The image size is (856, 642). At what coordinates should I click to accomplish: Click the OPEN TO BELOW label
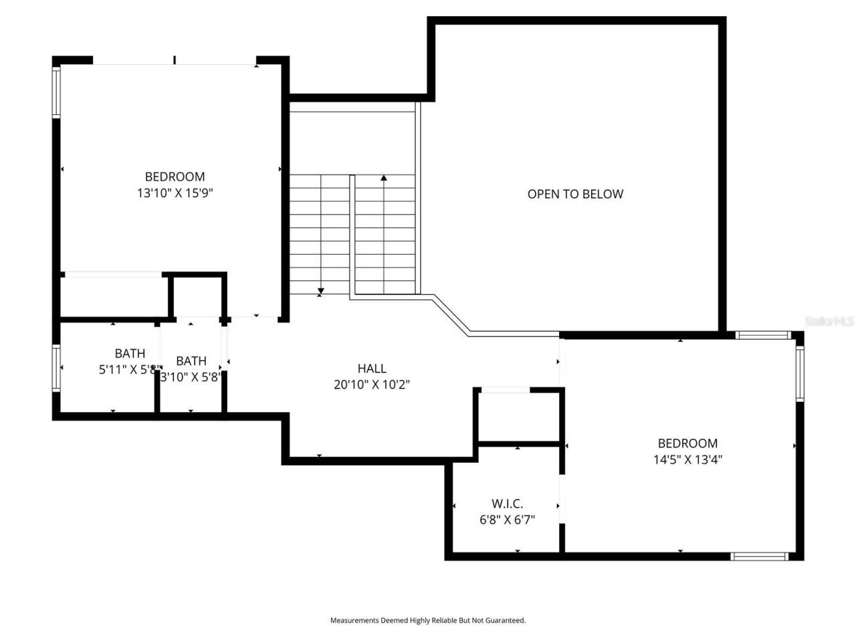(575, 194)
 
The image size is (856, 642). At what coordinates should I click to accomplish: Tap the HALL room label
(372, 368)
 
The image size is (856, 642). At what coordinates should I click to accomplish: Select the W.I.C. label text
(507, 504)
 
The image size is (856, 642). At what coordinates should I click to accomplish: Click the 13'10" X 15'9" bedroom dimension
(175, 193)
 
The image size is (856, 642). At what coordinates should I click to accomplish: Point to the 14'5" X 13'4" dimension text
(687, 459)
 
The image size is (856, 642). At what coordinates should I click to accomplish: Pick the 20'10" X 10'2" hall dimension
(372, 385)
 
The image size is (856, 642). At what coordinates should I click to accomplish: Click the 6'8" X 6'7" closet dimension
(507, 520)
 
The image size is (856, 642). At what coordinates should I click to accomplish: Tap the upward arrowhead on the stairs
(384, 178)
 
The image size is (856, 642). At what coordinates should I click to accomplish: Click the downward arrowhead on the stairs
(321, 291)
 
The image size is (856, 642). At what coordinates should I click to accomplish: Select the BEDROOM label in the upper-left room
(175, 177)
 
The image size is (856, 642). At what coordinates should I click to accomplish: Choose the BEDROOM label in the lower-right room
(687, 443)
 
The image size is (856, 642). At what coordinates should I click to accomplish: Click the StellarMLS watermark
(829, 322)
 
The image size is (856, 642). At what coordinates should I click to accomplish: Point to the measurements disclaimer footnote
(428, 621)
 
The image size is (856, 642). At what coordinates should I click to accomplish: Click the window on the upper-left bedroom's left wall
(57, 92)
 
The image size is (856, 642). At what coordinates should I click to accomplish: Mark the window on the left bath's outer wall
(57, 368)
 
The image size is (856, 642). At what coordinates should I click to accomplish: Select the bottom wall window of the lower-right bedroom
(759, 556)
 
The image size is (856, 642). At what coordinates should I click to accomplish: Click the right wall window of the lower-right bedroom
(799, 372)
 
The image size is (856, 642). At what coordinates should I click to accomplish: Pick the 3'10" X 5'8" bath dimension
(191, 377)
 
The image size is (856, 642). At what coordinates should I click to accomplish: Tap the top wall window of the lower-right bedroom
(762, 335)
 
